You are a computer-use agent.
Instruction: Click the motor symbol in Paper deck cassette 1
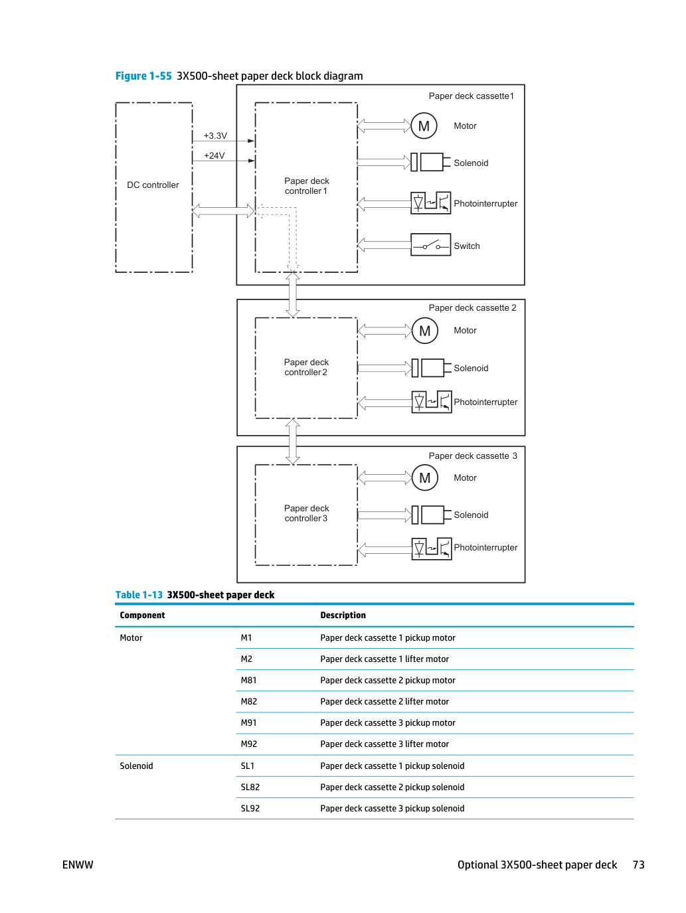(424, 125)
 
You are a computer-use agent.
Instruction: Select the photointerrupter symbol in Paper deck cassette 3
(432, 548)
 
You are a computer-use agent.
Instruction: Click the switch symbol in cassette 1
(430, 244)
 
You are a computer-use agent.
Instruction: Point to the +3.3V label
(215, 135)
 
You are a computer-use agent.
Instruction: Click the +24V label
(214, 155)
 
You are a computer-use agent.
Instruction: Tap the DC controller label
(153, 185)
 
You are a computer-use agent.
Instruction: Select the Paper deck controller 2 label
(306, 367)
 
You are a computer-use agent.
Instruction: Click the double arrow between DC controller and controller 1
(223, 210)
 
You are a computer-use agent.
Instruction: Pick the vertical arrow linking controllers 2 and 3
(293, 442)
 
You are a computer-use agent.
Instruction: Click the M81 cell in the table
(248, 680)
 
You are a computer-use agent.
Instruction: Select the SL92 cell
(250, 808)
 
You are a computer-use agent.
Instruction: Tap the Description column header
(343, 615)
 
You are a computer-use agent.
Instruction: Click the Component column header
(142, 615)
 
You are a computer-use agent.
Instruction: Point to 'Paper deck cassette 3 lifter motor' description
(385, 744)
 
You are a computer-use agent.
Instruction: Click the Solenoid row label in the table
(136, 766)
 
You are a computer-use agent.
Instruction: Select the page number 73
(638, 865)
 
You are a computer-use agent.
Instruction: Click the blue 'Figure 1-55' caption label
(143, 76)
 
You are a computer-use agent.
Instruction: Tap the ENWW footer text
(78, 865)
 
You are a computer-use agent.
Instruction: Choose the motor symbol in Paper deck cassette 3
(425, 477)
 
